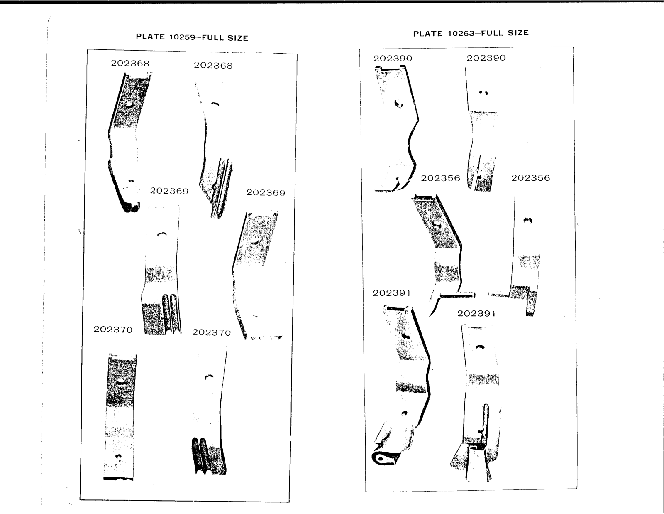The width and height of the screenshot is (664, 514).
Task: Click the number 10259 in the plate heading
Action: point(182,37)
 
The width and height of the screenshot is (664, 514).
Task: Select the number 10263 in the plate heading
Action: point(461,33)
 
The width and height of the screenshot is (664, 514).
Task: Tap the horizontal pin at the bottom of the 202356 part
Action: point(457,295)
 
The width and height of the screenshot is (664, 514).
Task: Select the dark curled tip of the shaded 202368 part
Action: point(131,207)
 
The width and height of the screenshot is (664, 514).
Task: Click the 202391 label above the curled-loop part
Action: point(392,293)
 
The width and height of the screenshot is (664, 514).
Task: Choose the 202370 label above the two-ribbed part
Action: point(211,332)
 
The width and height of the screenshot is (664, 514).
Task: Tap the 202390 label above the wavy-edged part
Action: point(393,58)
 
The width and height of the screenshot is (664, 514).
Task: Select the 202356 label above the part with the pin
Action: point(440,178)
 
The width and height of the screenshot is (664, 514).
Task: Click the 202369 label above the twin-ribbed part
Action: point(169,191)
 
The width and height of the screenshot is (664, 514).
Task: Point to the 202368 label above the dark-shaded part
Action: point(130,63)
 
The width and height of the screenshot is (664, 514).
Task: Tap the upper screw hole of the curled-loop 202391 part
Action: point(406,336)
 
